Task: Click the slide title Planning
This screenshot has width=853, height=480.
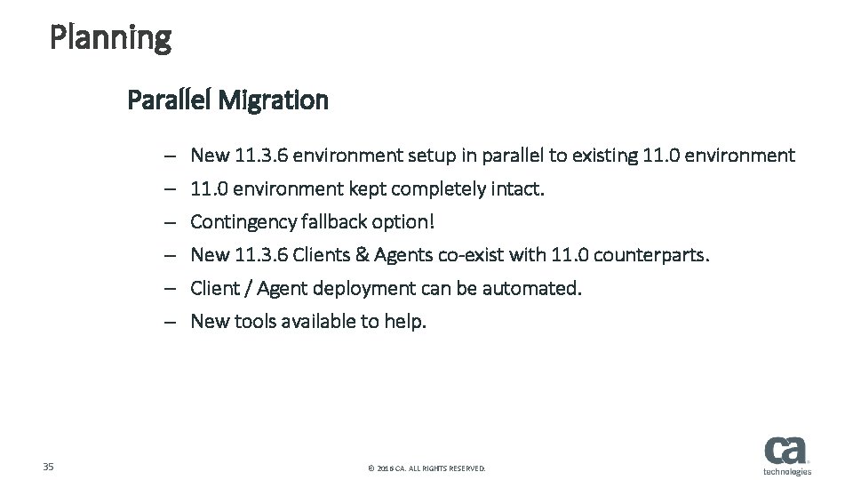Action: pos(110,38)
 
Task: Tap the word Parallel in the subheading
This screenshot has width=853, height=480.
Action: pos(170,100)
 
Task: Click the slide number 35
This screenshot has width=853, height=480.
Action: pos(49,467)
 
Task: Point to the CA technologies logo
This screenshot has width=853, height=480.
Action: pos(786,454)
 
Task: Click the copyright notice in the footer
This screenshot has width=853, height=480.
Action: pos(426,468)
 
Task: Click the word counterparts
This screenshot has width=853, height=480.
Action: pos(651,255)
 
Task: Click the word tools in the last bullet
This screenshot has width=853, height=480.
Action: pos(256,321)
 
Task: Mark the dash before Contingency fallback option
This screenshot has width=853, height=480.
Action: pos(168,222)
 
